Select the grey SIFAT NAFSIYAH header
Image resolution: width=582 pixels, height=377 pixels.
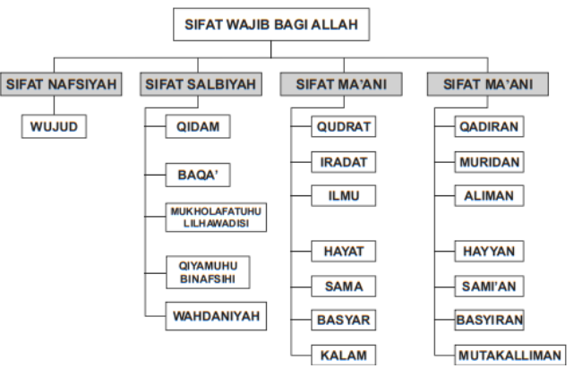click(x=62, y=85)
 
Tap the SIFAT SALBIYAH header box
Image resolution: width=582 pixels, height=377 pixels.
click(x=201, y=85)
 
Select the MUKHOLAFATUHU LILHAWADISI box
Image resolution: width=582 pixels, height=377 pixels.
click(x=217, y=217)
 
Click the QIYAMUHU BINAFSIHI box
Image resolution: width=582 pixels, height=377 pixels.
click(x=207, y=271)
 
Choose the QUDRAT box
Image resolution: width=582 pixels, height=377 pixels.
click(x=343, y=127)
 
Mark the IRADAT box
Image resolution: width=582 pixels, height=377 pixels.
click(x=343, y=162)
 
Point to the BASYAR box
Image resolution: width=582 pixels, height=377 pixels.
click(x=343, y=320)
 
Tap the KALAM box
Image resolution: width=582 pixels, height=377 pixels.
click(x=343, y=355)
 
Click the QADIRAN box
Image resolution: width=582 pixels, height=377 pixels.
click(x=488, y=127)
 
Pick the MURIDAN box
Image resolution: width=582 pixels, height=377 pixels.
click(x=488, y=162)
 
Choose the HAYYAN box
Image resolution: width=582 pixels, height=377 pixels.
click(x=488, y=252)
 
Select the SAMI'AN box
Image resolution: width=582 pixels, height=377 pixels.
click(x=488, y=287)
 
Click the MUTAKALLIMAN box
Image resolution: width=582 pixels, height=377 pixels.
click(x=509, y=355)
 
